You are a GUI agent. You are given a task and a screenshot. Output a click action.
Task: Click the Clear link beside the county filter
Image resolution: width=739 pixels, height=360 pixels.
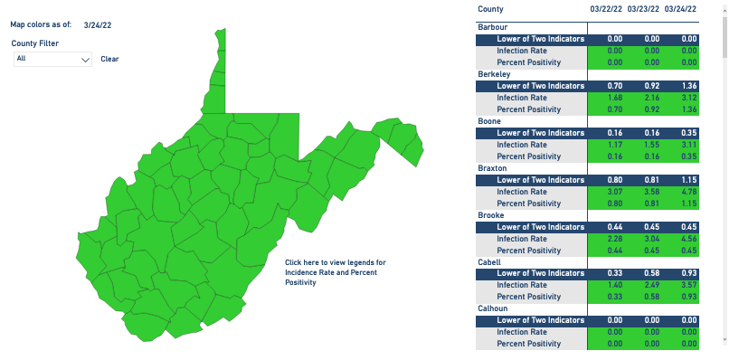coord(109,59)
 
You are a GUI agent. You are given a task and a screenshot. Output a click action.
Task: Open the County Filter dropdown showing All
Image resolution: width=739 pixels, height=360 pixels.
coord(53,59)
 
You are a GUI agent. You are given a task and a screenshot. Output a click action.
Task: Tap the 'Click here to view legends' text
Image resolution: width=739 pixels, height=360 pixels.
coord(335,272)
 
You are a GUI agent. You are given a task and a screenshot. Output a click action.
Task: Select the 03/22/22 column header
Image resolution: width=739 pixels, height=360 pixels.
coord(604,9)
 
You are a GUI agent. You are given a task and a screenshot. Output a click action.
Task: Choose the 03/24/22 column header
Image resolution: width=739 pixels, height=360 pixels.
coord(680,9)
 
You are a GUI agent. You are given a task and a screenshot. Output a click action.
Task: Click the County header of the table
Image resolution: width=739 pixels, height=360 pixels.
coord(490,9)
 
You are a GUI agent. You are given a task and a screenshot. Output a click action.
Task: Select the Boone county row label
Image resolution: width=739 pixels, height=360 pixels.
coord(488,120)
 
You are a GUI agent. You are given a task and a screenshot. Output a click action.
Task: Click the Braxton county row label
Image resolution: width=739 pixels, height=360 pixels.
coord(492,168)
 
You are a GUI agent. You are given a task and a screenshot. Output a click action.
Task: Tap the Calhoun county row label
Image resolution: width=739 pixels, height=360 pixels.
coord(494,308)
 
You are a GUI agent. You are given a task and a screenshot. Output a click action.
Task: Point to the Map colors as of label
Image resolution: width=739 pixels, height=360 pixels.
coord(41,25)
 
